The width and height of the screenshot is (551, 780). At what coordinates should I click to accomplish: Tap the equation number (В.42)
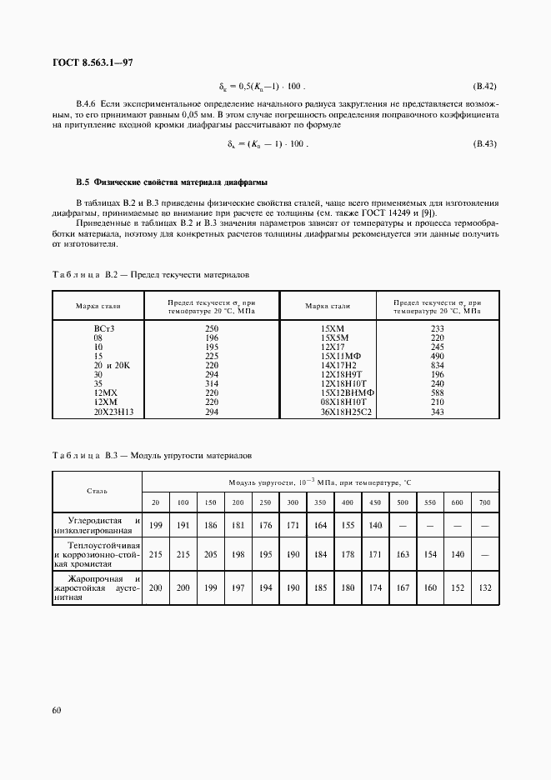coord(484,86)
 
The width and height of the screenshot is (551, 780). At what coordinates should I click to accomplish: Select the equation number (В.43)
coord(484,143)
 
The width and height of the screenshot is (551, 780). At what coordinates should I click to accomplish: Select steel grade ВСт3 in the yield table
coord(103,329)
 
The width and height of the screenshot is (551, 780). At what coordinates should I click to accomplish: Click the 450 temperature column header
coord(375,502)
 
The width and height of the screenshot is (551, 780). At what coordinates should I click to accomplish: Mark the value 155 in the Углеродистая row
coord(348,526)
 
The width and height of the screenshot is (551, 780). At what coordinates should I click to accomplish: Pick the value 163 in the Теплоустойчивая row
coord(403,553)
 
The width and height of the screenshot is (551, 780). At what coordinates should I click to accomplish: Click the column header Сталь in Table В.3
coord(97,491)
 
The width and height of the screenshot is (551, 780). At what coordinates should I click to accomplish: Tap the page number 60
coord(57,710)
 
